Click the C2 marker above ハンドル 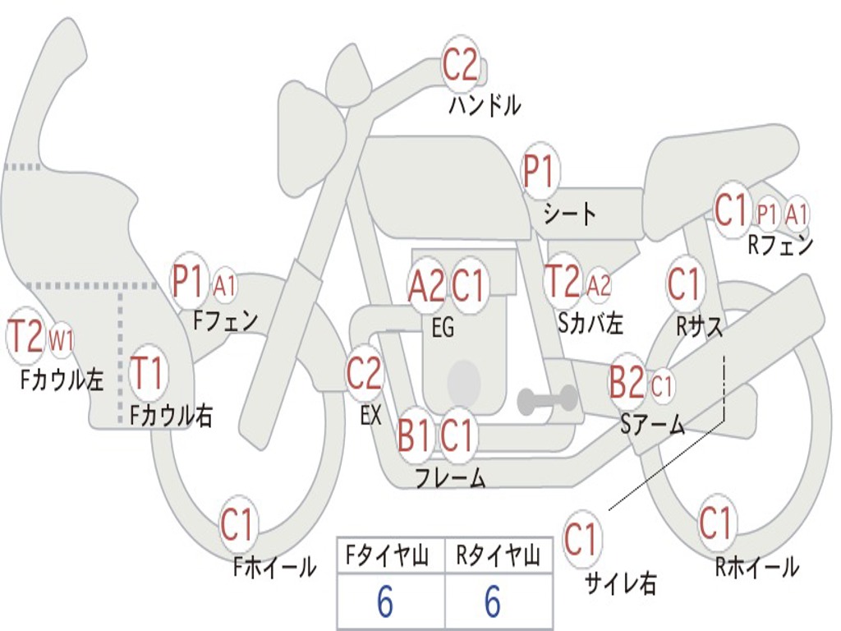tap(460, 65)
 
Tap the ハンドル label tap(485, 105)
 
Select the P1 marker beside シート tap(540, 173)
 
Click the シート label tap(570, 214)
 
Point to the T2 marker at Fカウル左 tap(25, 337)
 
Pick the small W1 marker tap(62, 339)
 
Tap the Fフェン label tap(225, 320)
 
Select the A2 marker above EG tap(426, 286)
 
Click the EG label tap(443, 328)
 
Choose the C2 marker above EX tap(364, 375)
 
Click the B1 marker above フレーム tap(413, 435)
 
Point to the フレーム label tap(450, 477)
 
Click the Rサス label tap(700, 326)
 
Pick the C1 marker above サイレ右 tap(581, 540)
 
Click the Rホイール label tap(757, 567)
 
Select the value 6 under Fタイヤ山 tap(384, 602)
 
